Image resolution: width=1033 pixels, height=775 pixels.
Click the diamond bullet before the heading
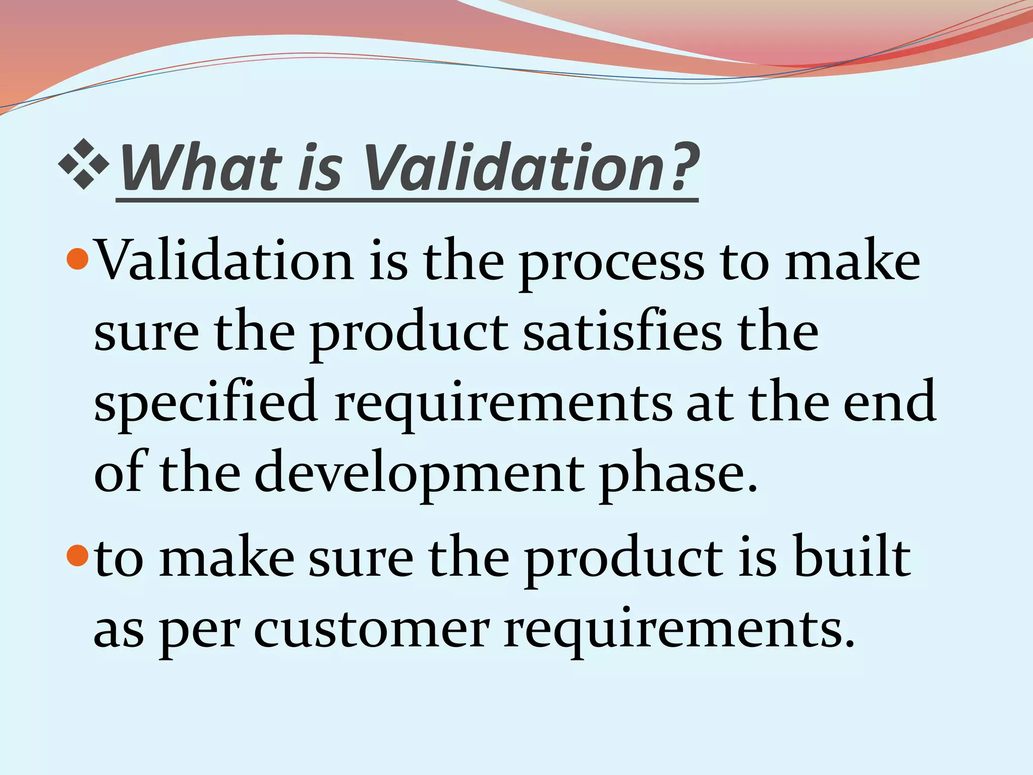(84, 164)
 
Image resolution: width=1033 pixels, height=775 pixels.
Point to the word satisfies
(622, 333)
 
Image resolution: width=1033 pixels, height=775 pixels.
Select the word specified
(206, 404)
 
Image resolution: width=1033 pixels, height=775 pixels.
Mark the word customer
(372, 631)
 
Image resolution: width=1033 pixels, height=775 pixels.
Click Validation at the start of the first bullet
(224, 262)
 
